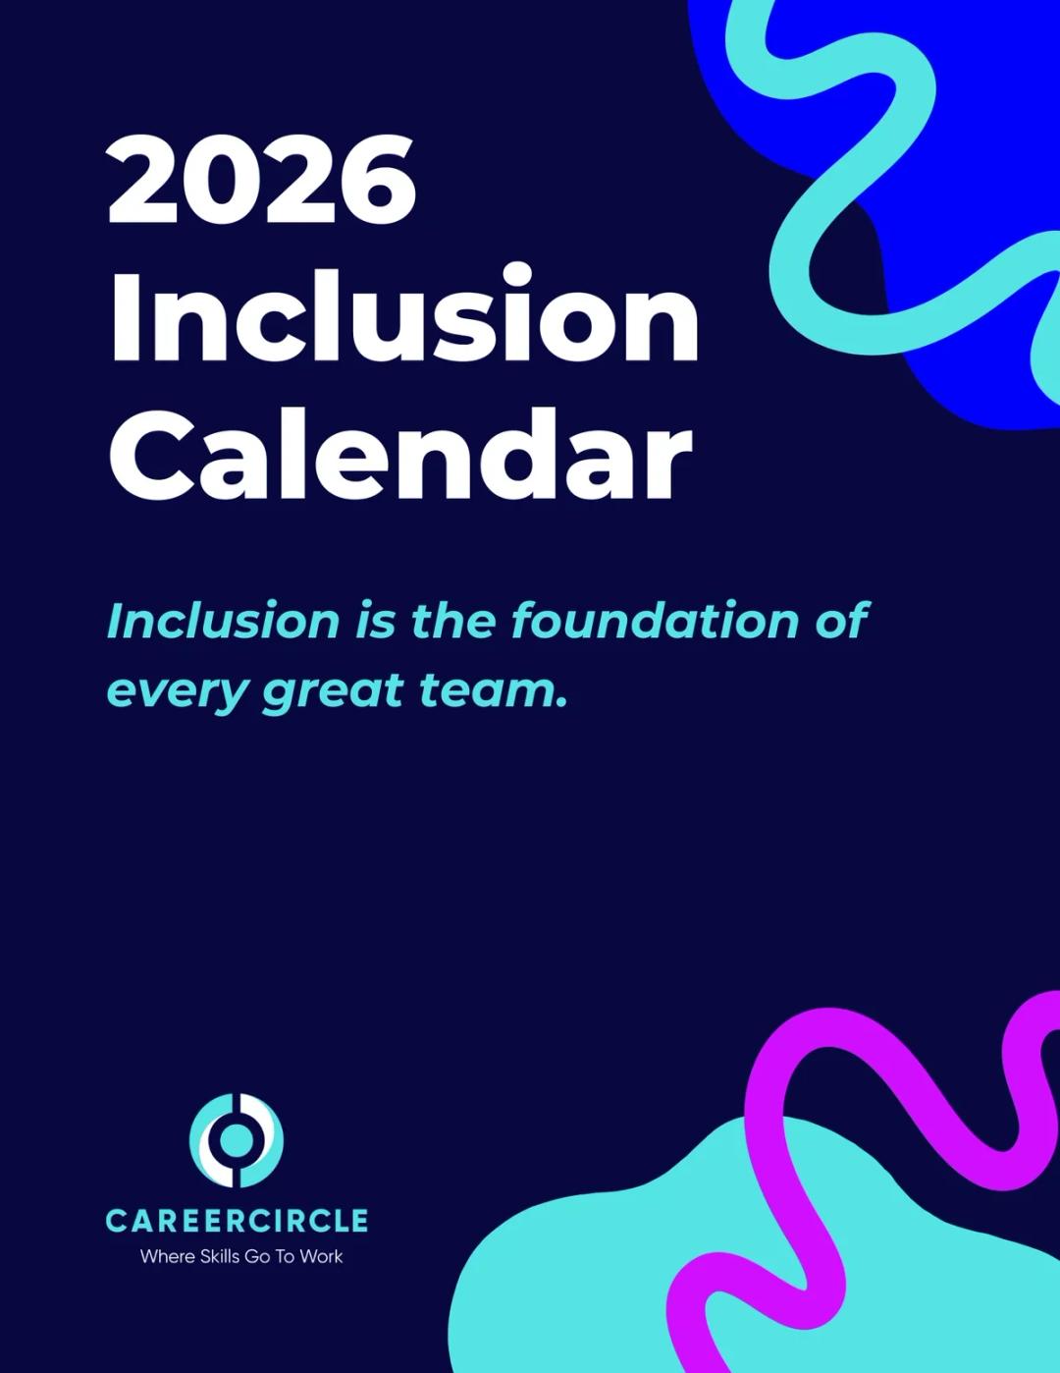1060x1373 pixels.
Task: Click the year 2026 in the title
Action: [262, 179]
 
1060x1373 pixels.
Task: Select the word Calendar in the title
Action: [400, 455]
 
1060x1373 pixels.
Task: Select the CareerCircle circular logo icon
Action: [237, 1140]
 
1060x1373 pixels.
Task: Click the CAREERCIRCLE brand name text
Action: [237, 1221]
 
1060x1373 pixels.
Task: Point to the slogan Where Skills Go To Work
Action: [241, 1256]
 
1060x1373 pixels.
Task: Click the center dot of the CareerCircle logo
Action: [237, 1139]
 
